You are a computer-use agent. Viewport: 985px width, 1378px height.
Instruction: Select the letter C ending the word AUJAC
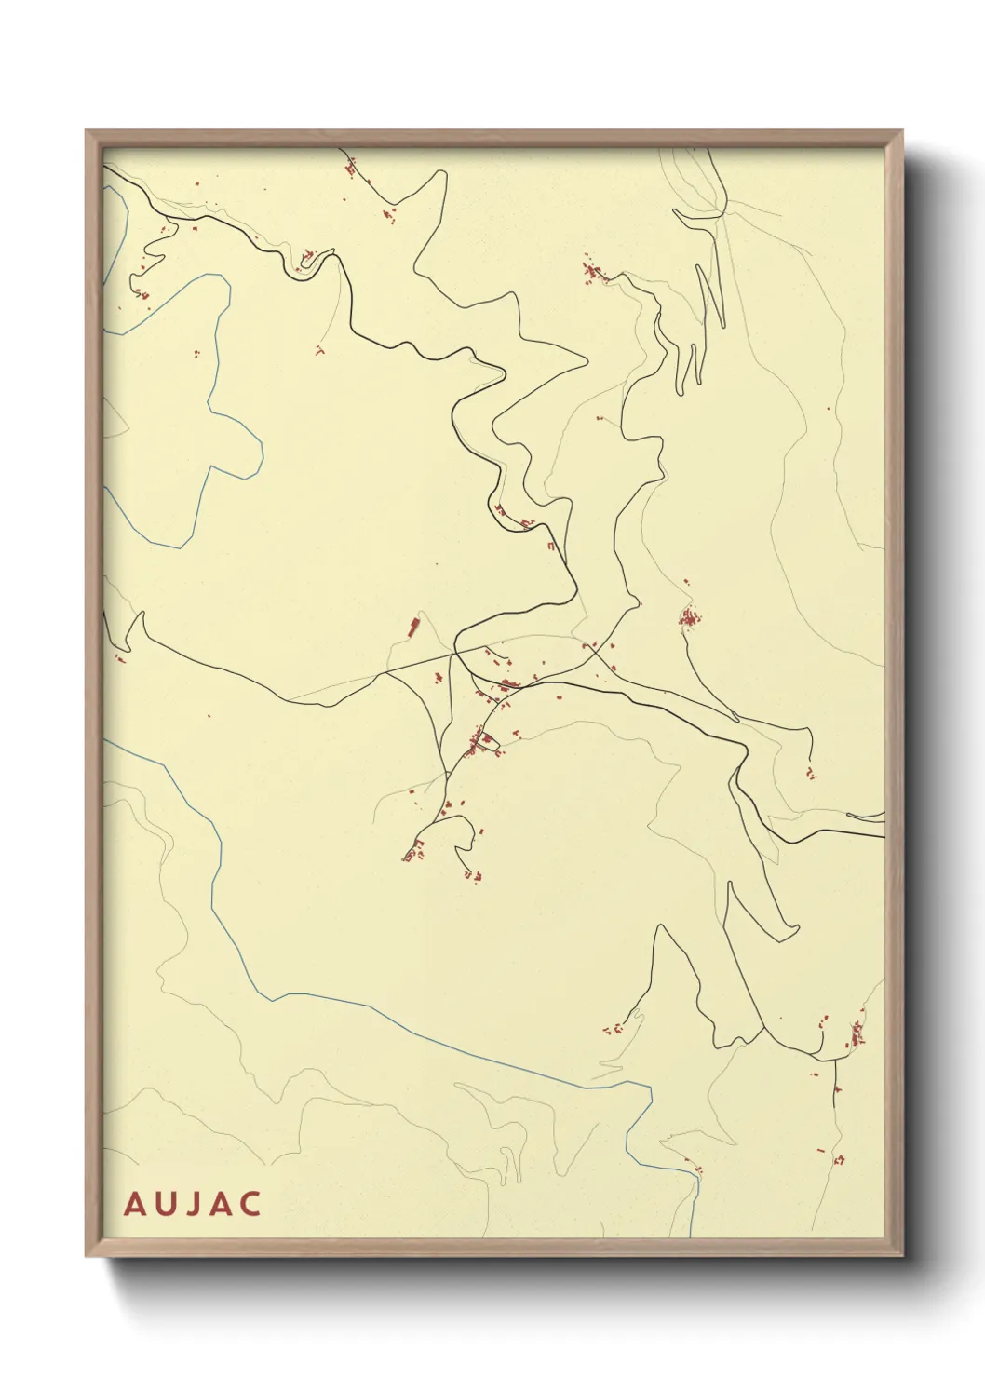pyautogui.click(x=250, y=1204)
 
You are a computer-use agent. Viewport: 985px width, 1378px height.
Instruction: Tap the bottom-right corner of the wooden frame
pyautogui.click(x=901, y=1254)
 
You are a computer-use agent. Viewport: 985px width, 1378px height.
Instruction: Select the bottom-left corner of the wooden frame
pyautogui.click(x=88, y=1254)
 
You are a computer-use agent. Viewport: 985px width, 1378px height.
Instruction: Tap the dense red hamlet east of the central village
pyautogui.click(x=689, y=617)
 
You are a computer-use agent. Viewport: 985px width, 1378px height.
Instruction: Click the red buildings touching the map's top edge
pyautogui.click(x=351, y=168)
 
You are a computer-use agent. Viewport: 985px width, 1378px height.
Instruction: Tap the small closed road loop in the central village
pyautogui.click(x=485, y=742)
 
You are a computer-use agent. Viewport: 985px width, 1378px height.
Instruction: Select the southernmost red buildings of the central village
pyautogui.click(x=473, y=875)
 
